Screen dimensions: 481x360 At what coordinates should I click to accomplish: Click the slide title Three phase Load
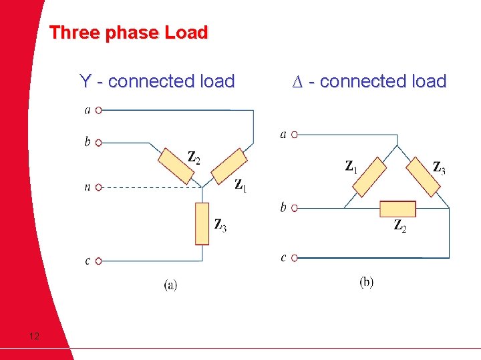(x=129, y=33)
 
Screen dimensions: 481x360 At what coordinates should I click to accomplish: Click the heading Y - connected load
(x=157, y=82)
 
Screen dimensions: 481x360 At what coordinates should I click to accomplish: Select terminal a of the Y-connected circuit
(x=98, y=111)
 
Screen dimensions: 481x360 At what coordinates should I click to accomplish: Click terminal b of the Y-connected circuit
(x=98, y=143)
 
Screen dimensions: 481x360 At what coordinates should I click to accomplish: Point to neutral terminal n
(x=98, y=187)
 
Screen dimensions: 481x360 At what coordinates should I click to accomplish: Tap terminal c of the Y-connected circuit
(x=98, y=261)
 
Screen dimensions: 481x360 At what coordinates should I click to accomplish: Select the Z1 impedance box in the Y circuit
(x=228, y=167)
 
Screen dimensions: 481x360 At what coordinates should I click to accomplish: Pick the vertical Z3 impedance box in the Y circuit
(x=202, y=224)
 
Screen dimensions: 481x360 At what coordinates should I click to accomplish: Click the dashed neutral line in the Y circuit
(x=147, y=187)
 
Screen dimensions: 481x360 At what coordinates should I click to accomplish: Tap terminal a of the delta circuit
(x=295, y=135)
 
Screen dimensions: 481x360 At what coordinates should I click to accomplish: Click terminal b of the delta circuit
(x=295, y=208)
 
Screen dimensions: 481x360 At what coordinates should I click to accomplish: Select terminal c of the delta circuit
(x=295, y=257)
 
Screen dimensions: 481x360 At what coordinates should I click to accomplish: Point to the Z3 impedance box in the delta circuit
(x=424, y=177)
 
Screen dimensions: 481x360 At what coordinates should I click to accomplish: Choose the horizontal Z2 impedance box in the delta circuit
(x=397, y=209)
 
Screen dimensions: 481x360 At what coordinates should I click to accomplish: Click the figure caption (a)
(x=170, y=285)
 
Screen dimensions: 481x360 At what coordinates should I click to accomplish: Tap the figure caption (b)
(x=367, y=282)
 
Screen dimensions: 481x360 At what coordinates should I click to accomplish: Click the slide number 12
(x=34, y=336)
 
